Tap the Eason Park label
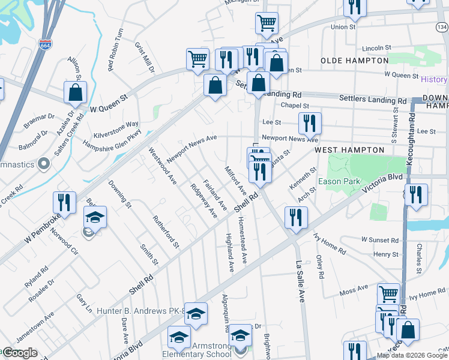tap(342, 181)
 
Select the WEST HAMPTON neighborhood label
tap(349, 149)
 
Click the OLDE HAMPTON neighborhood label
tap(354, 61)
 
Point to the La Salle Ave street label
tap(300, 280)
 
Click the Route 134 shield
tap(442, 28)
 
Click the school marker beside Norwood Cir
tap(95, 218)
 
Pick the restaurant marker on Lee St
tap(310, 124)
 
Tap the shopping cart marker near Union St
tap(267, 24)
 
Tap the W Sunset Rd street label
tap(380, 240)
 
